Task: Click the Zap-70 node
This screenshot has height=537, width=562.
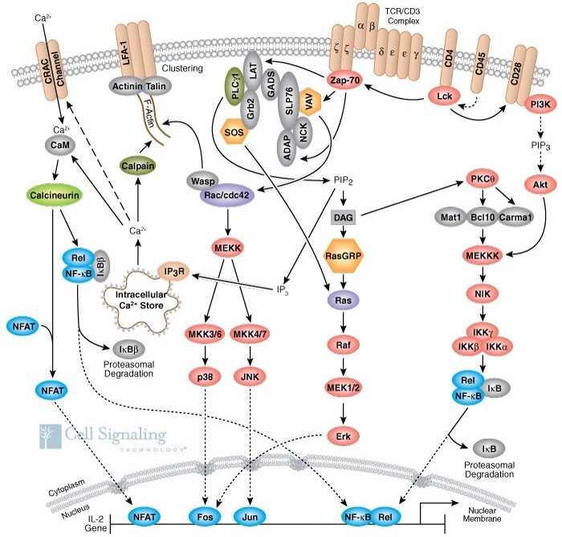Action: [344, 80]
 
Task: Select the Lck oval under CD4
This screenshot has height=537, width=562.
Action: [445, 96]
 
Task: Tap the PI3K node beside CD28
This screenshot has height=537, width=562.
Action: [540, 105]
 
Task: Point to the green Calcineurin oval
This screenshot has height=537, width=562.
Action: [54, 195]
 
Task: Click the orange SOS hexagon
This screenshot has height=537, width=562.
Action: [234, 132]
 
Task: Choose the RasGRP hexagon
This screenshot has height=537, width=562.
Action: [343, 256]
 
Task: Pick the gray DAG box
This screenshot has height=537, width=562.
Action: [343, 218]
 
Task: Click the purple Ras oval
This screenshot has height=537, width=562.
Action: [343, 300]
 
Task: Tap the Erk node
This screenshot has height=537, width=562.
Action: [343, 437]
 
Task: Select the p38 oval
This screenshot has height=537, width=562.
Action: [205, 377]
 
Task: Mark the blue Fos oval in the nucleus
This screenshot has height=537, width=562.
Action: [205, 517]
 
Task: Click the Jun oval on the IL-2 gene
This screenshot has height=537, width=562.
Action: [250, 517]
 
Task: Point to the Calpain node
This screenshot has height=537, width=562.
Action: [138, 166]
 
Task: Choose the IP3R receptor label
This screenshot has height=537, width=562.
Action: [174, 272]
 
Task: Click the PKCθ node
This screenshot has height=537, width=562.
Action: [483, 178]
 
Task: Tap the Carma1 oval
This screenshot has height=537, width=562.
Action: [515, 217]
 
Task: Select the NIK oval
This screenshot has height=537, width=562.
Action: [483, 293]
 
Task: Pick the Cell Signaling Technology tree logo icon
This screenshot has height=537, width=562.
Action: [50, 437]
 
